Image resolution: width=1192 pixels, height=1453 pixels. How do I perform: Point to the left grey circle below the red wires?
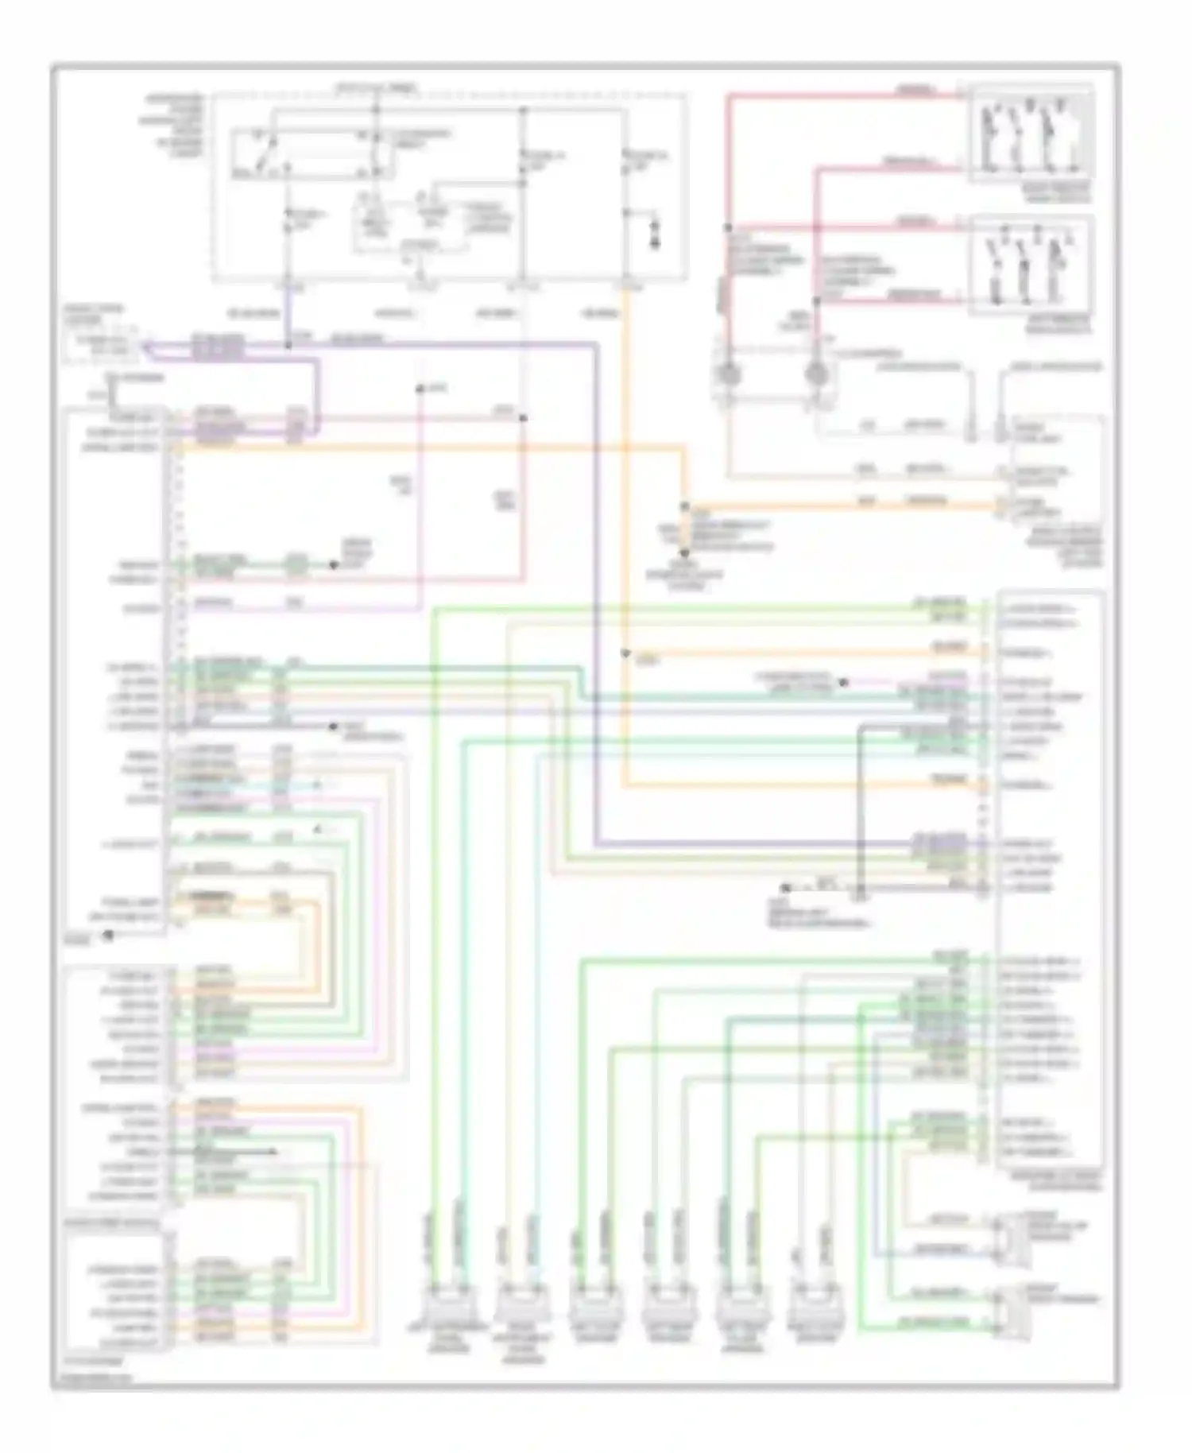click(x=728, y=374)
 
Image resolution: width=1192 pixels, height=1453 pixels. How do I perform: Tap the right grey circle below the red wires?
click(x=817, y=374)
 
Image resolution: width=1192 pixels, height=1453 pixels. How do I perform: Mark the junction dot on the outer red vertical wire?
click(x=727, y=228)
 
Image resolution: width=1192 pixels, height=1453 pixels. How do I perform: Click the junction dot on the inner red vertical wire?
click(x=816, y=301)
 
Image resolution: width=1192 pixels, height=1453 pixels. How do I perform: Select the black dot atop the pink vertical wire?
click(x=420, y=389)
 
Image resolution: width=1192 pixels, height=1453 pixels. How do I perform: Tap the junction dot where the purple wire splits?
click(x=288, y=345)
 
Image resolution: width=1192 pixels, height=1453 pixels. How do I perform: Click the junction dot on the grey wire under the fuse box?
click(x=523, y=417)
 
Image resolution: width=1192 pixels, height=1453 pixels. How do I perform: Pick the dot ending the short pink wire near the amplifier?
click(x=844, y=682)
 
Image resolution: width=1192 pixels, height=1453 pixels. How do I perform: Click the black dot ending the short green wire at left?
click(x=334, y=565)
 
